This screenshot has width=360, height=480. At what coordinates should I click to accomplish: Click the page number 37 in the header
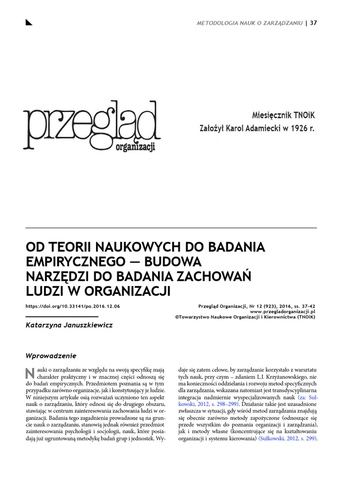314,23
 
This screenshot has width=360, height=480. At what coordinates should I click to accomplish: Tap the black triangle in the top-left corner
29,22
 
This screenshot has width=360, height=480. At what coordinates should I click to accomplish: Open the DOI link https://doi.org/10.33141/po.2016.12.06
73,306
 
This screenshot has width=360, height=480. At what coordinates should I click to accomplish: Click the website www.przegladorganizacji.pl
283,311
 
